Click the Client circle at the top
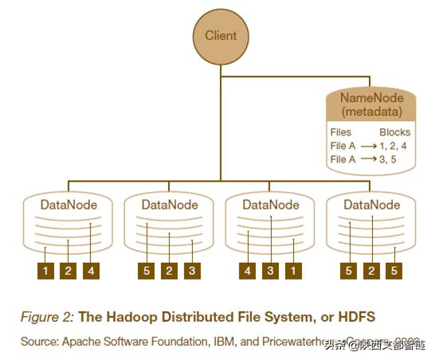pyautogui.click(x=221, y=37)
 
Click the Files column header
pyautogui.click(x=340, y=132)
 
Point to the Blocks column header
pyautogui.click(x=394, y=132)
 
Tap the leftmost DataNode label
pyautogui.click(x=69, y=205)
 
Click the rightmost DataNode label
pyautogui.click(x=371, y=205)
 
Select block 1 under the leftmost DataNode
pyautogui.click(x=46, y=272)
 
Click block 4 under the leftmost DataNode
pyautogui.click(x=92, y=272)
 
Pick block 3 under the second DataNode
pyautogui.click(x=191, y=272)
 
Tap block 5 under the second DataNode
pyautogui.click(x=147, y=272)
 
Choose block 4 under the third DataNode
pyautogui.click(x=249, y=272)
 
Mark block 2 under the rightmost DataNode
pyautogui.click(x=371, y=272)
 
